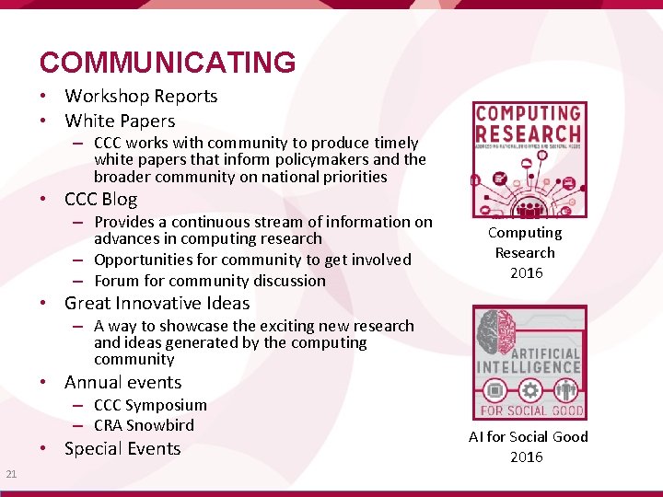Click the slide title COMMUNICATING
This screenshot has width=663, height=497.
click(168, 63)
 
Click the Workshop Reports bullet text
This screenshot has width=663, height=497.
click(141, 96)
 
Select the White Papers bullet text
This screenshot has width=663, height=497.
click(120, 121)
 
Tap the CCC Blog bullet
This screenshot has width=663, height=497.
click(100, 200)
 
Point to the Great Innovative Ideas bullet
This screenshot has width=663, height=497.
click(157, 303)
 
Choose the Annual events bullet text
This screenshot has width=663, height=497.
click(122, 382)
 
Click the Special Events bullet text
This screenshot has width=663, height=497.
click(122, 449)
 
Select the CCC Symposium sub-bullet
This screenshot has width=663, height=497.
click(150, 405)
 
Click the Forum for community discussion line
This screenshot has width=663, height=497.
click(210, 281)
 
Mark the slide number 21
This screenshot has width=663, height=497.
click(11, 474)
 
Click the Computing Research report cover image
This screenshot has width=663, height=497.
click(529, 159)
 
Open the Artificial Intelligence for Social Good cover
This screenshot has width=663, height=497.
click(529, 363)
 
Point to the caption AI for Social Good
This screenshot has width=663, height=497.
click(529, 437)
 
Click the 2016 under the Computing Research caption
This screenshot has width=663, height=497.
click(526, 273)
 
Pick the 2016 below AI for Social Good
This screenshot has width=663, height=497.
click(527, 457)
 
